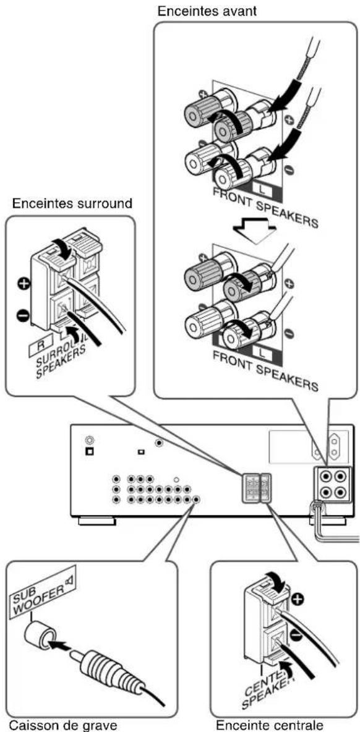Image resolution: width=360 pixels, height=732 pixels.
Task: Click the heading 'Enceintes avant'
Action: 207,11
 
